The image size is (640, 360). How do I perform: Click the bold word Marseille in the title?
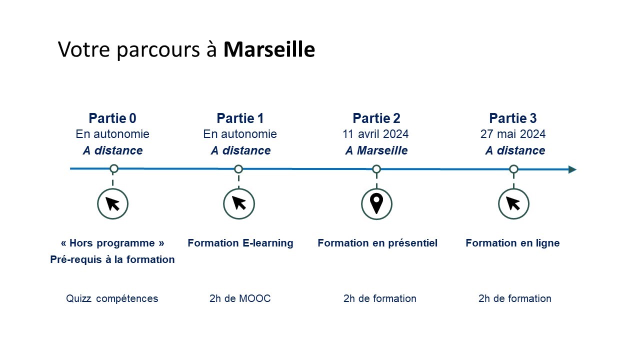tap(269, 50)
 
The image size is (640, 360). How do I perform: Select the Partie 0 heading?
tap(112, 118)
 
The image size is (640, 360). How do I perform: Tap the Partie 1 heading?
tap(240, 118)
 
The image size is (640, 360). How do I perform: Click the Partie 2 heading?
tap(376, 118)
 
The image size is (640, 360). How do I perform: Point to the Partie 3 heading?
tap(513, 118)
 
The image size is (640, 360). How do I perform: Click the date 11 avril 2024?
tap(375, 134)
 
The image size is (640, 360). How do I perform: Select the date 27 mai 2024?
tap(513, 134)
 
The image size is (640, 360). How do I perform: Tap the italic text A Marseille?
tap(376, 150)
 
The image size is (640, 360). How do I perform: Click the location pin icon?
tap(376, 203)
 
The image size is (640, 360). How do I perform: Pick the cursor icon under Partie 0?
tap(112, 203)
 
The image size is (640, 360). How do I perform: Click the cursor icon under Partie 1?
tap(239, 203)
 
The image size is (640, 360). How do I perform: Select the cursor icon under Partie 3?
tap(513, 203)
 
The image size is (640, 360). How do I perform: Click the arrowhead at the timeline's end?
tap(572, 169)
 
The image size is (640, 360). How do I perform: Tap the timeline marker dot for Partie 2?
tap(376, 169)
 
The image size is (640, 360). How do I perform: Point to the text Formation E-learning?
tap(240, 243)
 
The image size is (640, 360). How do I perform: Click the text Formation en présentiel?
tap(377, 243)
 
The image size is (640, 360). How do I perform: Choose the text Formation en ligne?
tap(512, 243)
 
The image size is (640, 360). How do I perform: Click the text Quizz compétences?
tap(112, 298)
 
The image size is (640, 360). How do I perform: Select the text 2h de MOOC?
tap(240, 298)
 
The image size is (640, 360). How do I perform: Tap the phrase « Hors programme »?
tap(112, 243)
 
